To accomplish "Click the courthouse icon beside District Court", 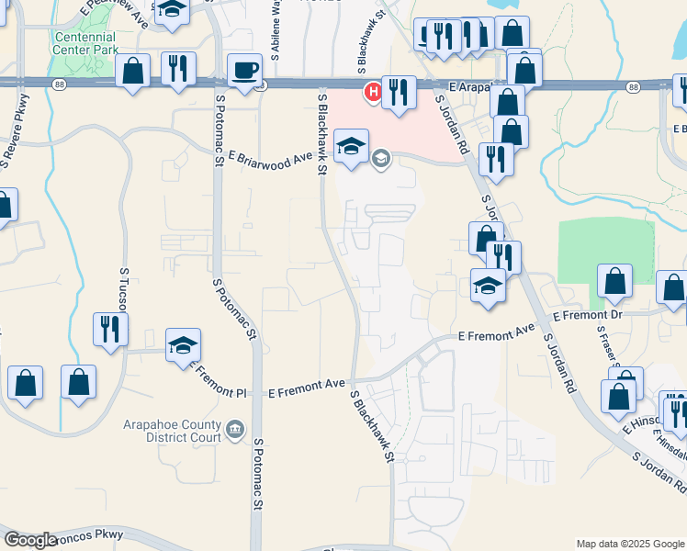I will tap(236, 428).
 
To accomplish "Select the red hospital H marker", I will tap(373, 91).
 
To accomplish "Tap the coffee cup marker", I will tap(245, 71).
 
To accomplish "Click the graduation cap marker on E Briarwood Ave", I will tap(351, 146).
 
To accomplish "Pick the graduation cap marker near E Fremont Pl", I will tap(183, 346).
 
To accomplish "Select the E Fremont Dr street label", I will tap(588, 315).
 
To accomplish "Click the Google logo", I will tap(30, 540).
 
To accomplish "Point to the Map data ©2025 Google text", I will tap(629, 544).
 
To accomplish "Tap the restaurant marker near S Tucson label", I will tap(110, 327).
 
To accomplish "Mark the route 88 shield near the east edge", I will tap(634, 86).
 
